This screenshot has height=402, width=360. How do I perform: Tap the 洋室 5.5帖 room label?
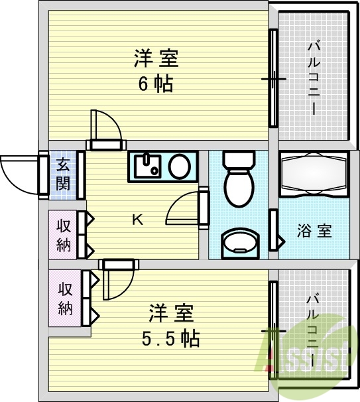pos(170,324)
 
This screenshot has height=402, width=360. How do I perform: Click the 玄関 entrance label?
pos(63,174)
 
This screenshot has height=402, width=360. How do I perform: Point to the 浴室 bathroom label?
pos(314,232)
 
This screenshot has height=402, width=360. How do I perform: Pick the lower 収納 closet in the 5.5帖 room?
pos(65,299)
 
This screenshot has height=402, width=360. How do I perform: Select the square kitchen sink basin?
pos(147,166)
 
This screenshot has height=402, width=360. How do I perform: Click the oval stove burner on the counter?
pos(178,166)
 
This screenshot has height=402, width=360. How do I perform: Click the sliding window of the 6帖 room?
pos(272,78)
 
